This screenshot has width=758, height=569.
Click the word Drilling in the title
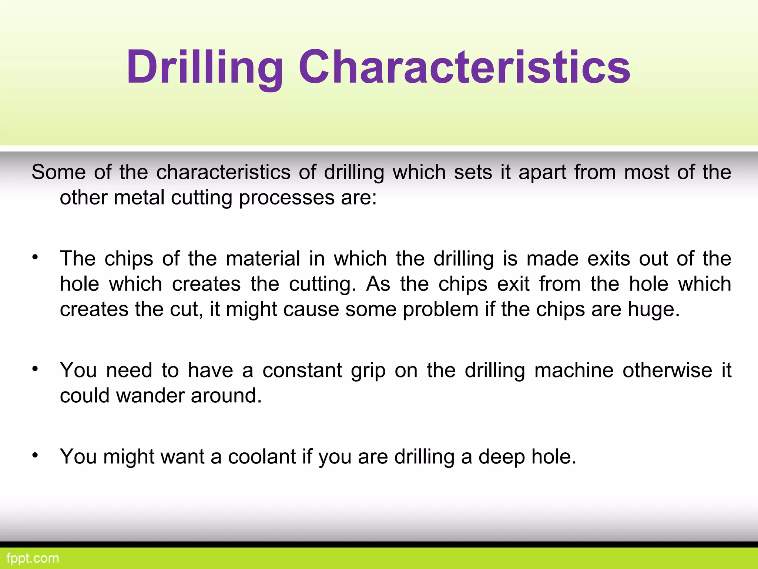coord(205,68)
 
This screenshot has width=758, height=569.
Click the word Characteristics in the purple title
coord(464,68)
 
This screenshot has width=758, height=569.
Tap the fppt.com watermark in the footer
coord(33,558)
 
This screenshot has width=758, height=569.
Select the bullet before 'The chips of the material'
coord(35,257)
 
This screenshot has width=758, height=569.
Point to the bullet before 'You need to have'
coord(35,369)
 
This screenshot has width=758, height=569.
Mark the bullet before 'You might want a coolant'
coord(35,455)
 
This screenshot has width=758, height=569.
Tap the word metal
coord(139,198)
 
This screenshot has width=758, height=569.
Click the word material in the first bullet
coord(263,259)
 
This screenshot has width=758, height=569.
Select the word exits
coord(608,259)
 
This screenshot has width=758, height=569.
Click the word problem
coord(440,310)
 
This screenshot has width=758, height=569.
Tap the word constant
coord(302,370)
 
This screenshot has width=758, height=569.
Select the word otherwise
coord(667,370)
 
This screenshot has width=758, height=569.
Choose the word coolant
coord(262,456)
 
